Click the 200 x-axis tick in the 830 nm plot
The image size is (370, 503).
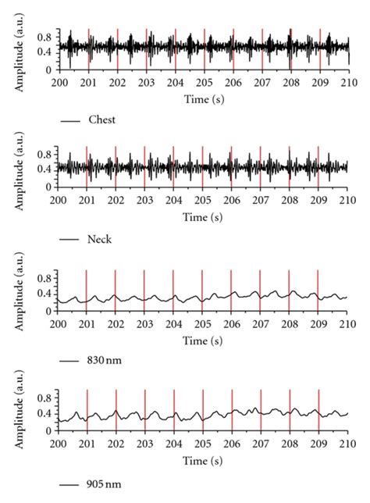[58, 322]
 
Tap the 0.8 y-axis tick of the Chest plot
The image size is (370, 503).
[44, 35]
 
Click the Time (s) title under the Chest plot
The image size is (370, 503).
[202, 101]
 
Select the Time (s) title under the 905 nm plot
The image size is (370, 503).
[202, 461]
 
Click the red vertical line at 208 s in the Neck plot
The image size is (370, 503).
[290, 166]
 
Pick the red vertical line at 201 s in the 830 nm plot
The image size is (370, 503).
[87, 290]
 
